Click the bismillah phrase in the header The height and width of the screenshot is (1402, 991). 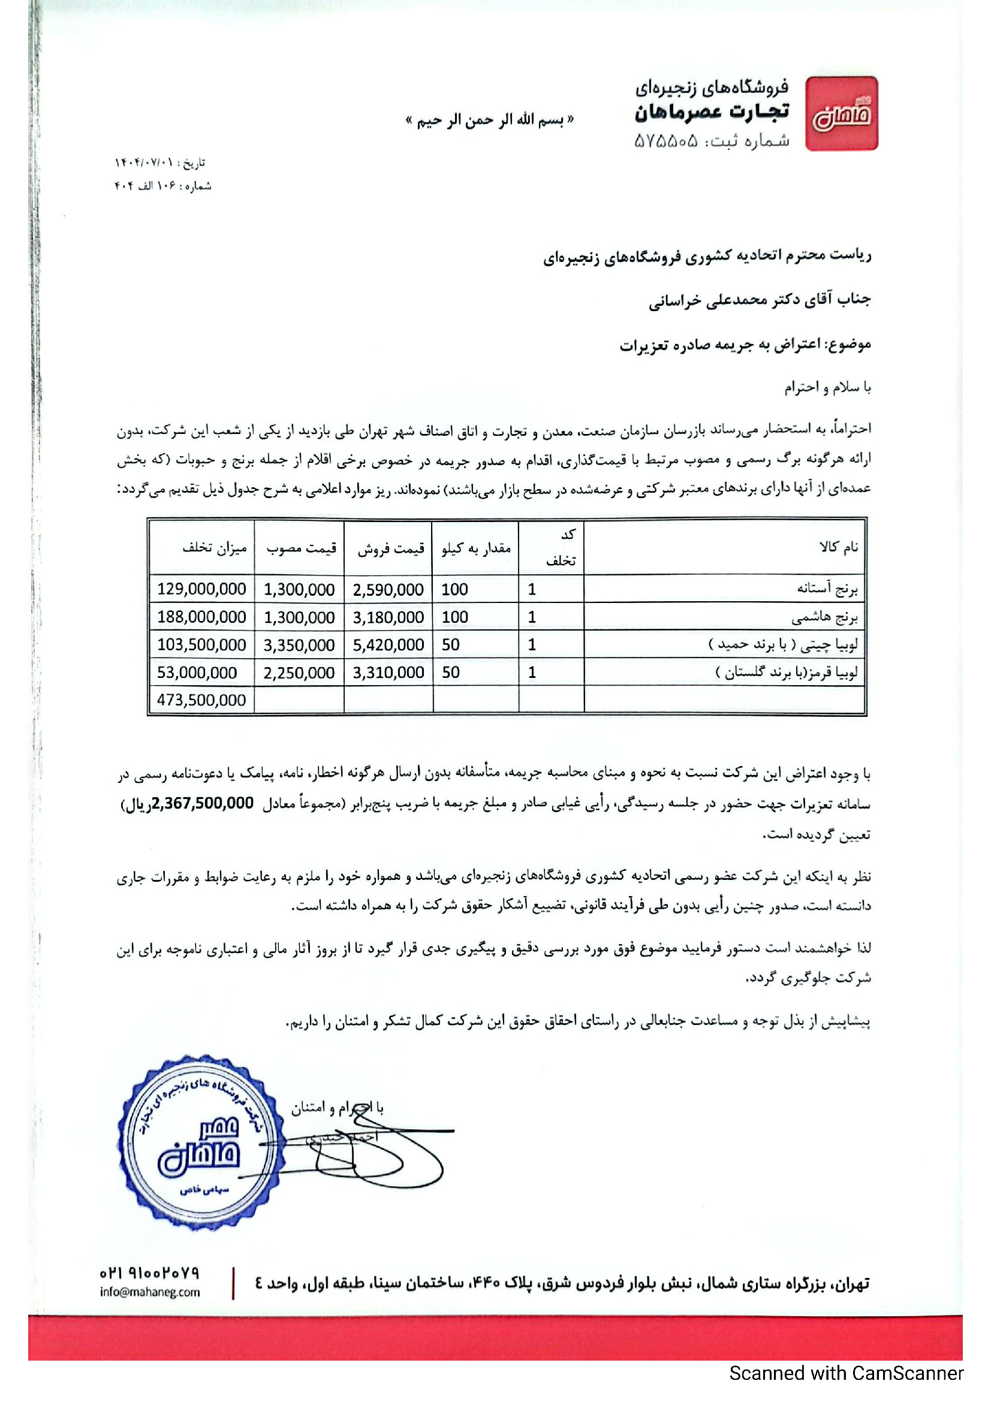490,120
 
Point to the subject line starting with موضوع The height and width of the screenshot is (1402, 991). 745,345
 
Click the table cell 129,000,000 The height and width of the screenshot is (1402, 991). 201,589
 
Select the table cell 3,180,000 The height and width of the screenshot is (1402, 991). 388,617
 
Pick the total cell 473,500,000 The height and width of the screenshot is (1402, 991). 201,700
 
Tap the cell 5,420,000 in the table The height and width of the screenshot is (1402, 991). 388,645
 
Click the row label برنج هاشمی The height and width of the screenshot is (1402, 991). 824,617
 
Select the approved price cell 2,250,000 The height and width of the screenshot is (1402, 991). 299,673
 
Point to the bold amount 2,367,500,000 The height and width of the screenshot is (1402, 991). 203,804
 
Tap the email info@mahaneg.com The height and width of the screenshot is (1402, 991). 150,1292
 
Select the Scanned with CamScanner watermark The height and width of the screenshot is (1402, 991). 846,1373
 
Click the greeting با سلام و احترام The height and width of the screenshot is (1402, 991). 827,387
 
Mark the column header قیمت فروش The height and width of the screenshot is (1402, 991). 391,548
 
